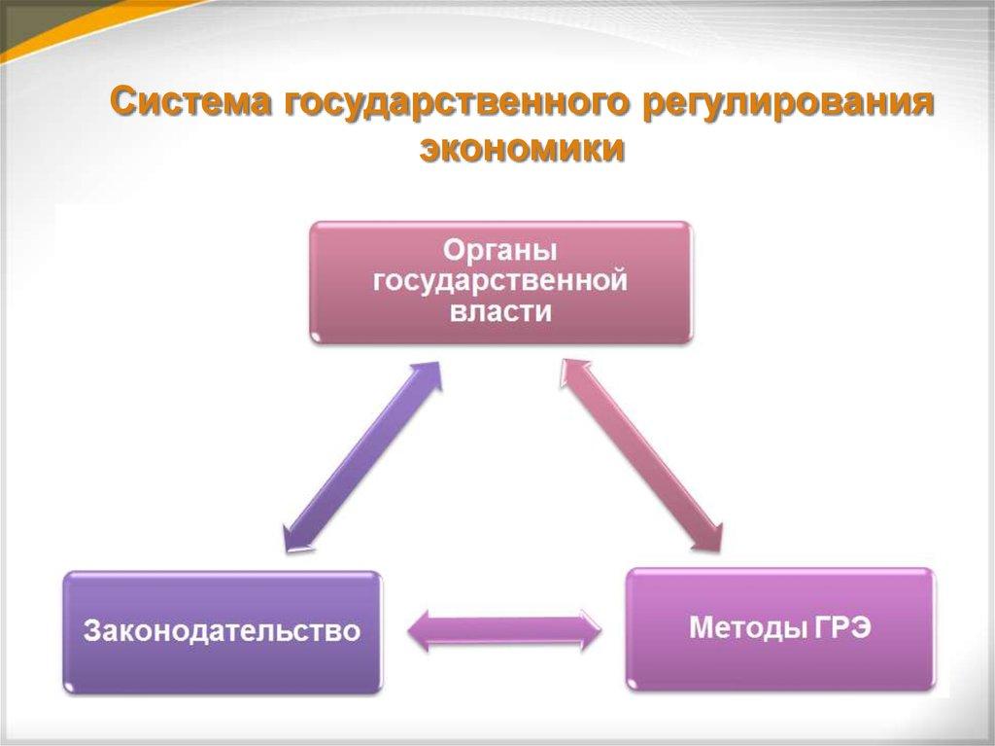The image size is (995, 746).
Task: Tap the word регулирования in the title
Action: pyautogui.click(x=789, y=103)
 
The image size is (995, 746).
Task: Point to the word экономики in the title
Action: pyautogui.click(x=522, y=151)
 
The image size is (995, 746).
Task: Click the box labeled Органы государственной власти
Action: pyautogui.click(x=500, y=282)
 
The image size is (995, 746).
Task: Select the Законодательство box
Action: pyautogui.click(x=223, y=632)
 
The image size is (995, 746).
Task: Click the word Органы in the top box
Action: pyautogui.click(x=500, y=250)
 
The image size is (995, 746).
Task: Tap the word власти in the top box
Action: pyautogui.click(x=500, y=312)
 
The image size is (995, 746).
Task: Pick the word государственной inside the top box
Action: pyautogui.click(x=500, y=281)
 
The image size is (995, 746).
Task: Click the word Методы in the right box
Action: pyautogui.click(x=744, y=627)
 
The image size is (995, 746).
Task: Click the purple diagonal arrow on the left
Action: pyautogui.click(x=361, y=457)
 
